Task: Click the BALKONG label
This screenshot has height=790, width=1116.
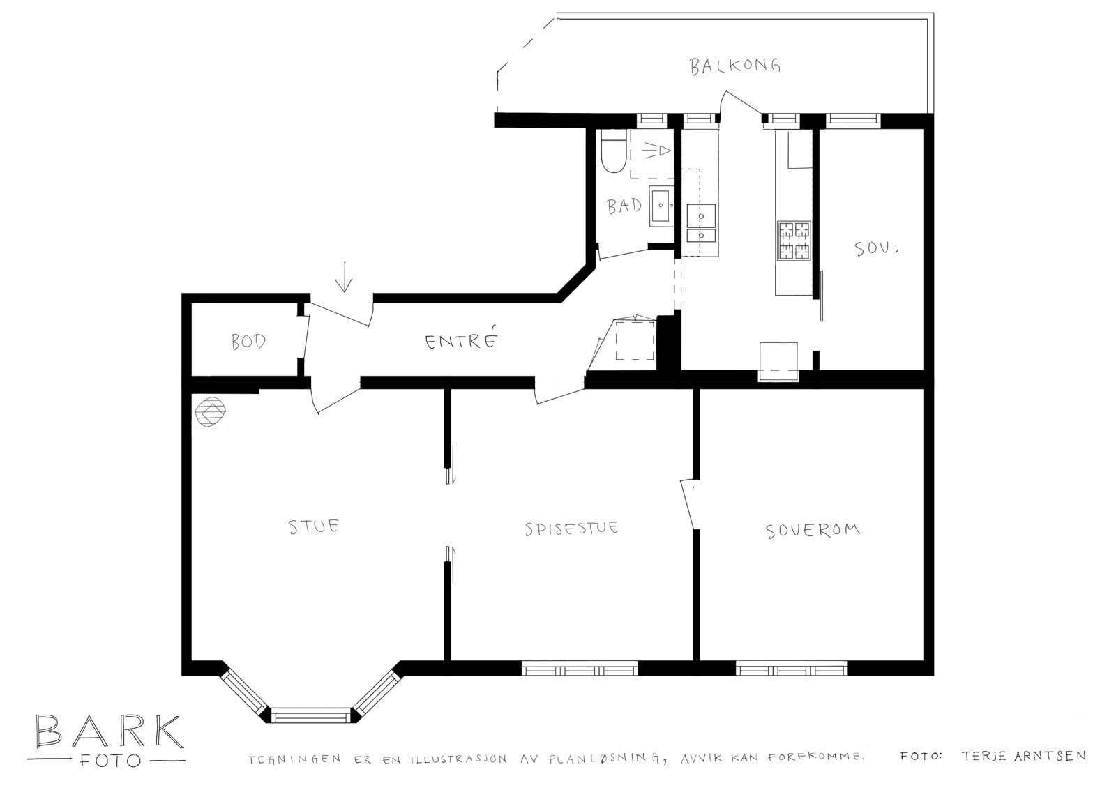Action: pos(735,66)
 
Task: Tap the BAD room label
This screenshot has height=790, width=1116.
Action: pos(624,206)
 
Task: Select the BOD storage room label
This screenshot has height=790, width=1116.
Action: pos(248,342)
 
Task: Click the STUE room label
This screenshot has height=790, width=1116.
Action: pos(314,526)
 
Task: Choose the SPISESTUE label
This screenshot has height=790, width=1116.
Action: pos(571,528)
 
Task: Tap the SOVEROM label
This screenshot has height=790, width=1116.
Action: pos(813,531)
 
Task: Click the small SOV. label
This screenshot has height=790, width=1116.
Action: pos(876,248)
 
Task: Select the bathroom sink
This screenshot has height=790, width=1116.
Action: pos(662,206)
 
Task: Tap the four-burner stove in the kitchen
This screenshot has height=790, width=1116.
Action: pos(794,241)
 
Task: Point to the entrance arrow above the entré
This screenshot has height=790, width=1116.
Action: pos(344,277)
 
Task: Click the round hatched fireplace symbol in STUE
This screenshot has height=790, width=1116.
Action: pos(210,411)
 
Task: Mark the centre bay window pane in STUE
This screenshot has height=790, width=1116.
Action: pos(311,716)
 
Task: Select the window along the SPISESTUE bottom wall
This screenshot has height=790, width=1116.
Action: pos(580,669)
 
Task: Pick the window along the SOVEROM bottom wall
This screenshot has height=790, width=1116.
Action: pos(792,669)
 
